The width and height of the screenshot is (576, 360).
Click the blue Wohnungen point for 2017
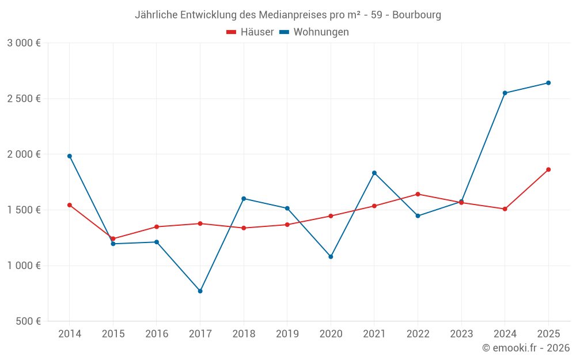tap(200, 291)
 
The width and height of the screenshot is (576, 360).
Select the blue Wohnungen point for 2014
tap(70, 156)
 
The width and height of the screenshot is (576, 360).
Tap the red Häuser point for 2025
tap(548, 169)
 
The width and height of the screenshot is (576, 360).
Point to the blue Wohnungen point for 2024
tap(505, 93)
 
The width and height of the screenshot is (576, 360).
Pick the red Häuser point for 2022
tap(418, 194)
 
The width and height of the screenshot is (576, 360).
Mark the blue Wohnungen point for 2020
tap(331, 256)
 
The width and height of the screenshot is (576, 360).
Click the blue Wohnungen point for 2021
tap(374, 173)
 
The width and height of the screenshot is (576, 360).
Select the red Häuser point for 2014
tap(70, 205)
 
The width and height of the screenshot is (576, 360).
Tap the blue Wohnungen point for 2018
tap(244, 199)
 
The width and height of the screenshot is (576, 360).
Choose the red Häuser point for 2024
tap(505, 209)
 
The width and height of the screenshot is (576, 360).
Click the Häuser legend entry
tap(250, 32)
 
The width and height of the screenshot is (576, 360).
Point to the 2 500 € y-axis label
tap(24, 98)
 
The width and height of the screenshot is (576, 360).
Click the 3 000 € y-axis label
tap(24, 43)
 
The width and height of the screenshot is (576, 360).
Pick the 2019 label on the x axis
tap(287, 334)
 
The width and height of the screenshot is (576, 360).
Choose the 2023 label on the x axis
tap(461, 334)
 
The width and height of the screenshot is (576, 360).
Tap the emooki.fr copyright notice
tap(525, 348)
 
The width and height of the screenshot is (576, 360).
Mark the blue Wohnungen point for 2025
tap(548, 83)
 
